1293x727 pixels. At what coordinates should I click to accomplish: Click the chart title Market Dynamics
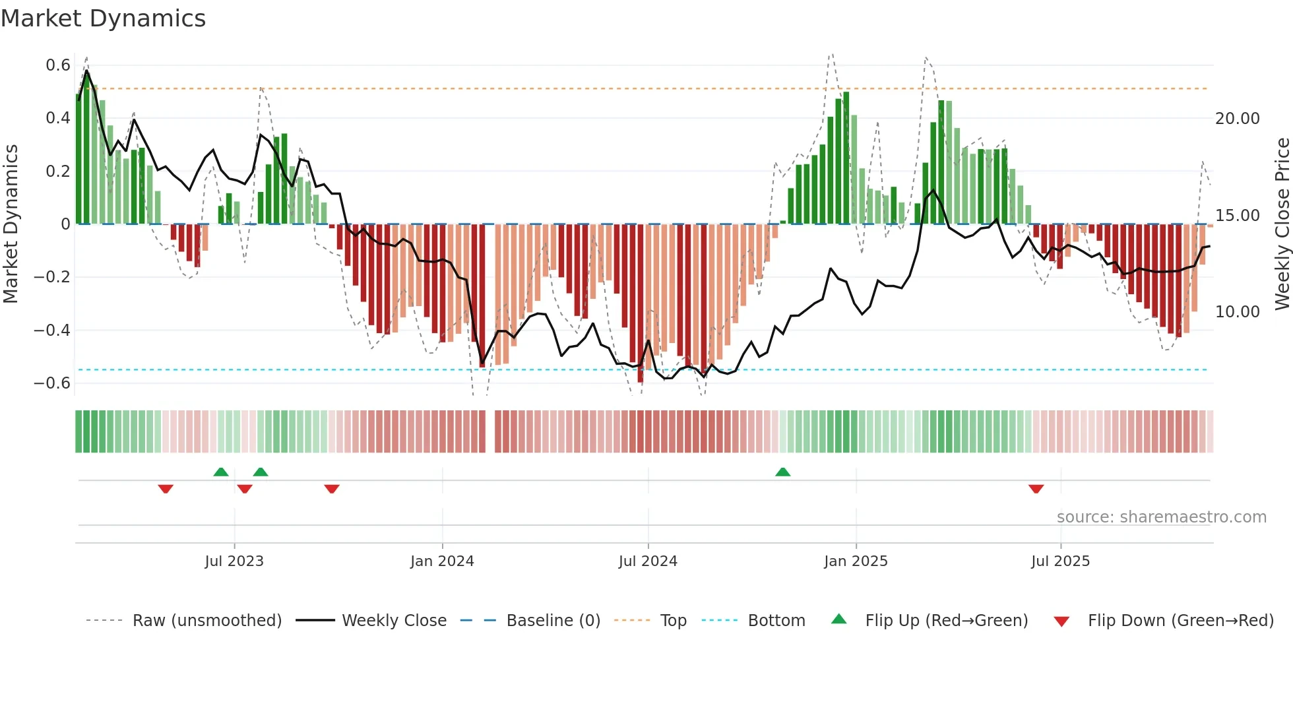[103, 18]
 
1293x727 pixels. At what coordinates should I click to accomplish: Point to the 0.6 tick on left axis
[58, 65]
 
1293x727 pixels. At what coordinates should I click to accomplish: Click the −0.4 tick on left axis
[52, 330]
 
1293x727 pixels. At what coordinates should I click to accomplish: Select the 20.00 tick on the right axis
[1238, 119]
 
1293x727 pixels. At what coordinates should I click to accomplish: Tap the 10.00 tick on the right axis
[1238, 312]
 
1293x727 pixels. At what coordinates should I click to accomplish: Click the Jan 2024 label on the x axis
[442, 561]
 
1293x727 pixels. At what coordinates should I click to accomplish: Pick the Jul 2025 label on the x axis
[1060, 561]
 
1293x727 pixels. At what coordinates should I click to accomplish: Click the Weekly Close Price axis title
[1282, 224]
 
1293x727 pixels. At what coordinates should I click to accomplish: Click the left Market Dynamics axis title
[11, 224]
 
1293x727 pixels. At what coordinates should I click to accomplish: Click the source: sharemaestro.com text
[1161, 517]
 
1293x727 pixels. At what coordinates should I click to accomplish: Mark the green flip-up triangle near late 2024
[782, 472]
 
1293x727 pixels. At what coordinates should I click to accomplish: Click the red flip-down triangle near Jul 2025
[1036, 489]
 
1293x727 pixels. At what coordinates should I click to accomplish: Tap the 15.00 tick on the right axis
[1238, 216]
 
